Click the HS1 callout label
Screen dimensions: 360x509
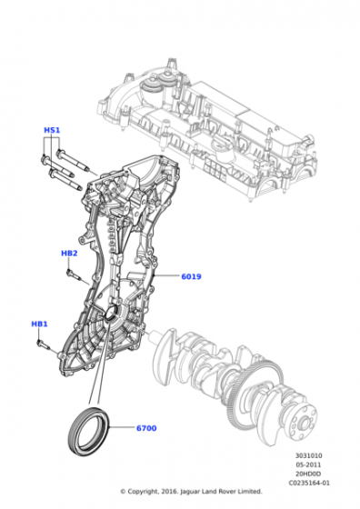(x=52, y=130)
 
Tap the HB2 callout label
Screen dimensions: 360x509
(x=69, y=254)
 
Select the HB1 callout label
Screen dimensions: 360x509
(x=39, y=324)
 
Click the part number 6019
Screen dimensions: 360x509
(x=191, y=276)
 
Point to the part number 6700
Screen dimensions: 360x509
(x=146, y=428)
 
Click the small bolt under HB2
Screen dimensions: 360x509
(x=73, y=274)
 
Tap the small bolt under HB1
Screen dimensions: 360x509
(x=43, y=344)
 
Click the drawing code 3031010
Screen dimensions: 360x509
(x=309, y=455)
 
